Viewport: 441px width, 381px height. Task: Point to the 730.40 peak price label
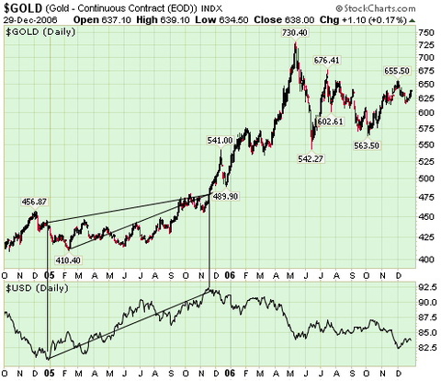tap(292, 31)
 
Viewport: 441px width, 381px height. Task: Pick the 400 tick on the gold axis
tap(424, 260)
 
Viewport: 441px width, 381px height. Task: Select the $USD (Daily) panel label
tap(33, 288)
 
